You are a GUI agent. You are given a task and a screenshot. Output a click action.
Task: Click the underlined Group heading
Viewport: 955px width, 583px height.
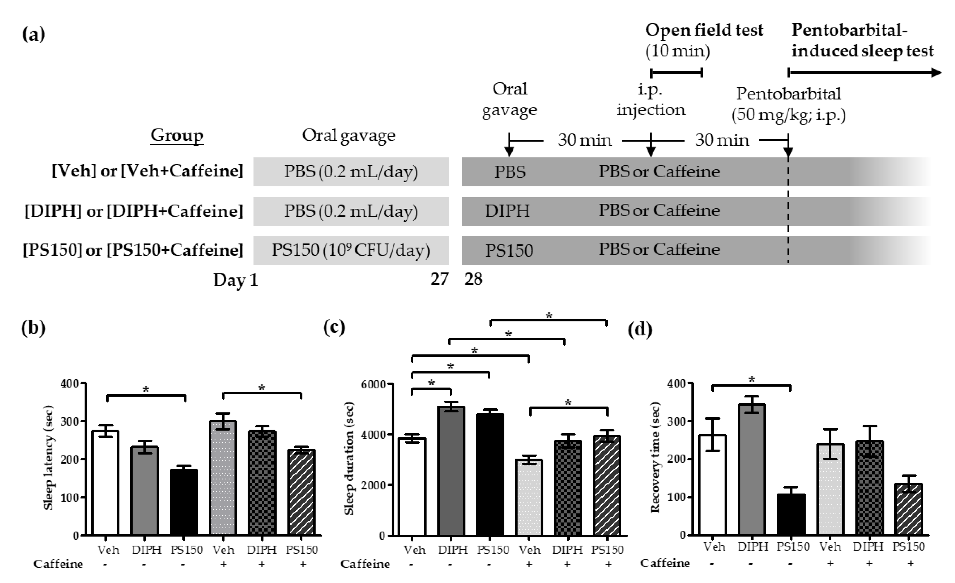click(x=177, y=135)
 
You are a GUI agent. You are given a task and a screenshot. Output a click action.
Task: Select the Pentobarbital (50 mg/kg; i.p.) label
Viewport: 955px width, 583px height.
click(x=788, y=104)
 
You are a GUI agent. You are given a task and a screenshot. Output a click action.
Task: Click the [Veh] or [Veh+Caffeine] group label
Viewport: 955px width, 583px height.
click(x=147, y=171)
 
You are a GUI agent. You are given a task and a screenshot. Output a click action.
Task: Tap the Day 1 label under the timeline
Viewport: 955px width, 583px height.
click(x=236, y=279)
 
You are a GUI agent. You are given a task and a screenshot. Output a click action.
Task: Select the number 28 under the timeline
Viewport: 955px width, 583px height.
click(x=473, y=279)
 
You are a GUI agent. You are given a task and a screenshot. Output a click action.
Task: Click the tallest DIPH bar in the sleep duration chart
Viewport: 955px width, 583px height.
click(x=451, y=471)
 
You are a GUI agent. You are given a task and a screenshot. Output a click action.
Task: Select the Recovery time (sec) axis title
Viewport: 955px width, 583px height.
click(x=655, y=458)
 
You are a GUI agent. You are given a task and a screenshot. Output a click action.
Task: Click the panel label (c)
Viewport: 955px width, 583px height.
click(x=334, y=328)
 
